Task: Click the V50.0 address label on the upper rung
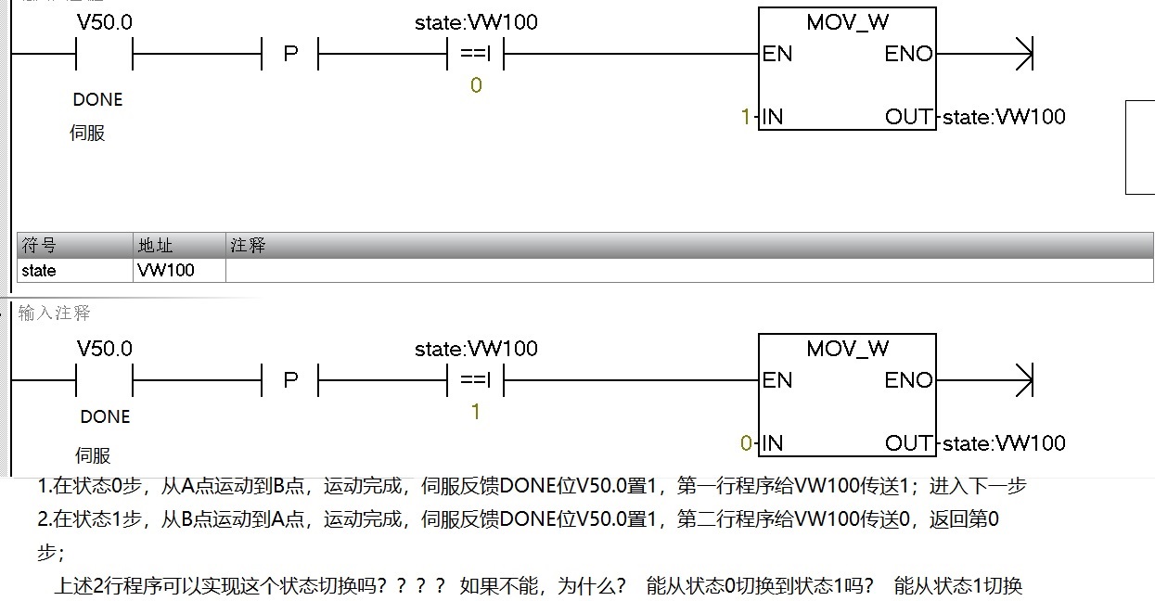point(104,22)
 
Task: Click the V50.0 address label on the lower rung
point(104,349)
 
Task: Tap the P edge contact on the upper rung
point(290,54)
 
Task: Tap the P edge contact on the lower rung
point(290,380)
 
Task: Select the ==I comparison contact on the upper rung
point(475,54)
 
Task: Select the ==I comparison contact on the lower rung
point(475,380)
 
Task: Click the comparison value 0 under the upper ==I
point(476,85)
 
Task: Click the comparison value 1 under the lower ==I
point(476,412)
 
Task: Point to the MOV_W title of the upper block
point(847,22)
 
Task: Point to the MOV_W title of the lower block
point(847,349)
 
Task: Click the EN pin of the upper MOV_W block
point(777,54)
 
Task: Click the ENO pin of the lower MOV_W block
point(908,380)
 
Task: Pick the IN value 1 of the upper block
point(745,117)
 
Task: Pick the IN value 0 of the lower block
point(746,443)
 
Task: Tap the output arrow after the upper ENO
point(1022,54)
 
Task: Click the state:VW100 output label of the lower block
point(1004,443)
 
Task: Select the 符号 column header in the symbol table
point(39,246)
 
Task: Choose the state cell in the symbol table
point(39,271)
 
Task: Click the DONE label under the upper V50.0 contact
point(97,99)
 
